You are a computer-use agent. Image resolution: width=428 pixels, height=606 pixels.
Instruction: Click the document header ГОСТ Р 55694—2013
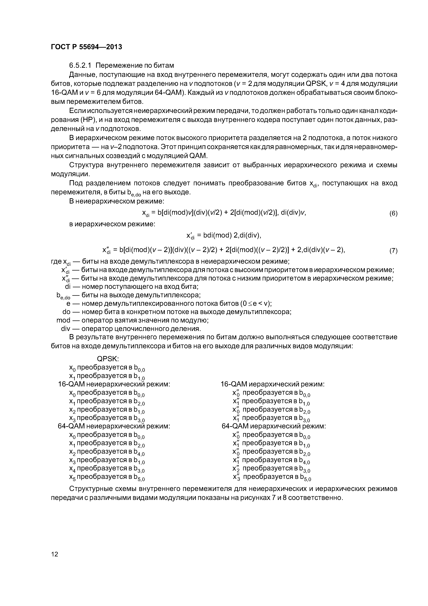pyautogui.click(x=86, y=47)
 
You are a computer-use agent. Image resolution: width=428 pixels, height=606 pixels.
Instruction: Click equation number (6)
pyautogui.click(x=393, y=213)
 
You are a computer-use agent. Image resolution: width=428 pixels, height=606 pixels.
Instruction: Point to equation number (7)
pyautogui.click(x=393, y=250)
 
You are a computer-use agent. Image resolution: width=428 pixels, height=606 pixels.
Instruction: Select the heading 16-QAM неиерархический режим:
pyautogui.click(x=114, y=384)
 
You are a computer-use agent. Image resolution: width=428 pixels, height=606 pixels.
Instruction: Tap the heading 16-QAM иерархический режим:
pyautogui.click(x=272, y=384)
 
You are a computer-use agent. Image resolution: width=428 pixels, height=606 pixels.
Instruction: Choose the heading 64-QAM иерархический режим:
pyautogui.click(x=274, y=426)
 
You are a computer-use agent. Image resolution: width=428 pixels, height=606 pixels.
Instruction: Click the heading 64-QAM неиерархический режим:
pyautogui.click(x=114, y=426)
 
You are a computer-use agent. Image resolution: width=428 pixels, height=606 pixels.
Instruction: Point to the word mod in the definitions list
pyautogui.click(x=63, y=320)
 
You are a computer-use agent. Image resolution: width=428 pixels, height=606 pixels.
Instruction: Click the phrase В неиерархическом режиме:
pyautogui.click(x=116, y=201)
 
